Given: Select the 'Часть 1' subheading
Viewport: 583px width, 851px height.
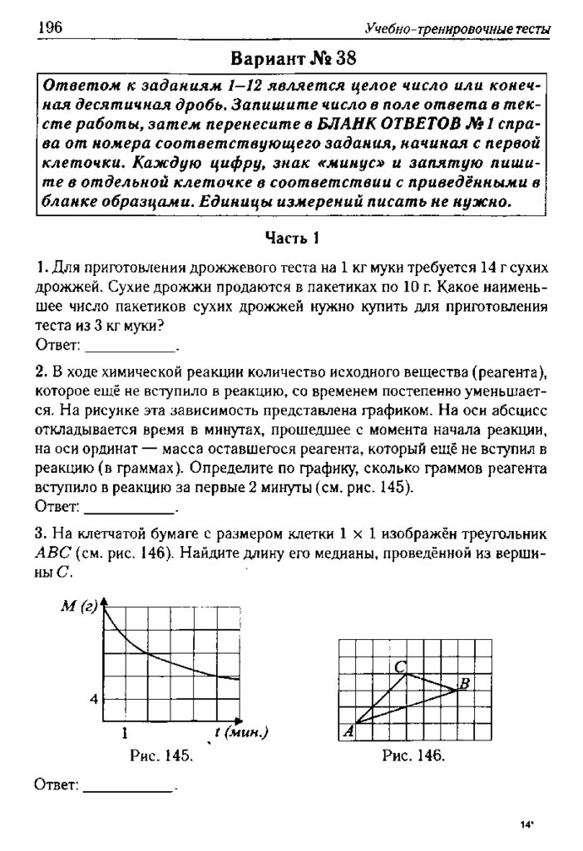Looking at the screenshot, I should coord(293,239).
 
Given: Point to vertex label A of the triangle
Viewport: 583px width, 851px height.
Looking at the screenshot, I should coord(348,730).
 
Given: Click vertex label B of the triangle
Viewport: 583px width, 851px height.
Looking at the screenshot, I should coord(465,684).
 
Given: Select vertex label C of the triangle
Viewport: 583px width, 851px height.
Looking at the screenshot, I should coord(400,666).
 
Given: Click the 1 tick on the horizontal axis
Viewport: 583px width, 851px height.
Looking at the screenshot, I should coord(124,733).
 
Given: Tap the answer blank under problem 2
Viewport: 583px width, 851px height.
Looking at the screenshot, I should coord(131,504).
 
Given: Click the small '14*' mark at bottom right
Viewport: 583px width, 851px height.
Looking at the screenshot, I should coord(526,824).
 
